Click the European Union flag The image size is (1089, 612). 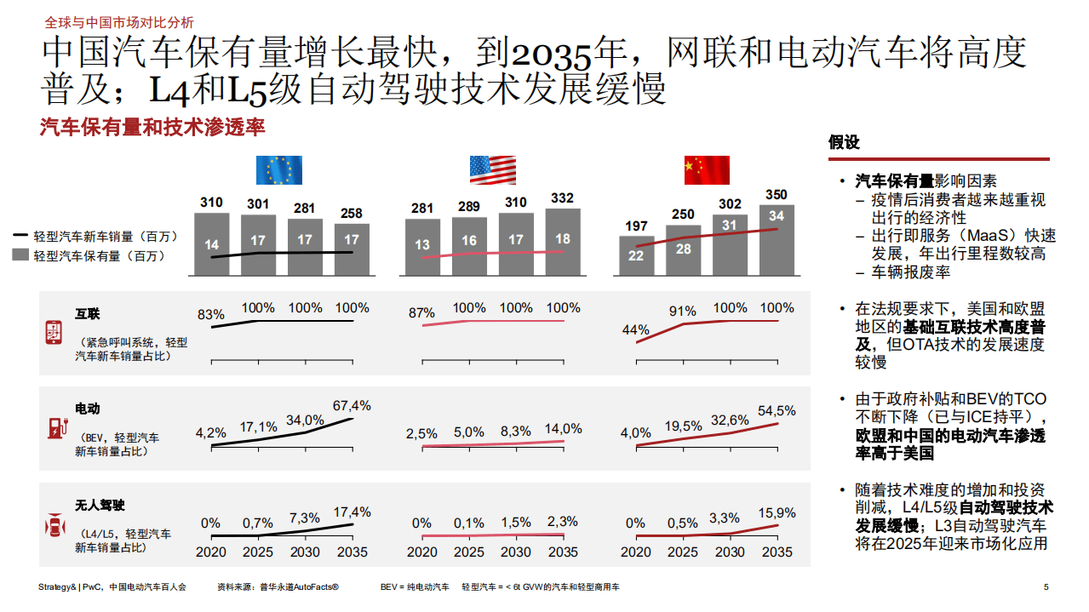click(279, 170)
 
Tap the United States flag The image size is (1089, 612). click(493, 170)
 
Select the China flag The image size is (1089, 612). click(707, 170)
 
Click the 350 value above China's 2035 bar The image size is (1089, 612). click(777, 195)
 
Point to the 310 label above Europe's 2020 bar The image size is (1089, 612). click(211, 203)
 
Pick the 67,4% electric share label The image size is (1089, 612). click(351, 405)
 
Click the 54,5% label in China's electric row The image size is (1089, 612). click(776, 410)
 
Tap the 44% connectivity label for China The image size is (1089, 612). click(635, 329)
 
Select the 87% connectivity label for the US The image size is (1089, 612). click(421, 313)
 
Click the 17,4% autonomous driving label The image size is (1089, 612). click(351, 512)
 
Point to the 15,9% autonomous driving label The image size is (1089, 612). click(776, 513)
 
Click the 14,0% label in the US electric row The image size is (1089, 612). click(563, 429)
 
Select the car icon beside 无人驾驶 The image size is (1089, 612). click(54, 527)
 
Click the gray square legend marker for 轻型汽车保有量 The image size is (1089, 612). click(20, 255)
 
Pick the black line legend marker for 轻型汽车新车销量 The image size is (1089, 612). click(20, 236)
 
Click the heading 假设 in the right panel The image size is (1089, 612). click(844, 143)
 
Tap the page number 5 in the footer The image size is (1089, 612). click(1046, 587)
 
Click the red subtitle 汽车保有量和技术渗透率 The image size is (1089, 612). click(152, 128)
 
